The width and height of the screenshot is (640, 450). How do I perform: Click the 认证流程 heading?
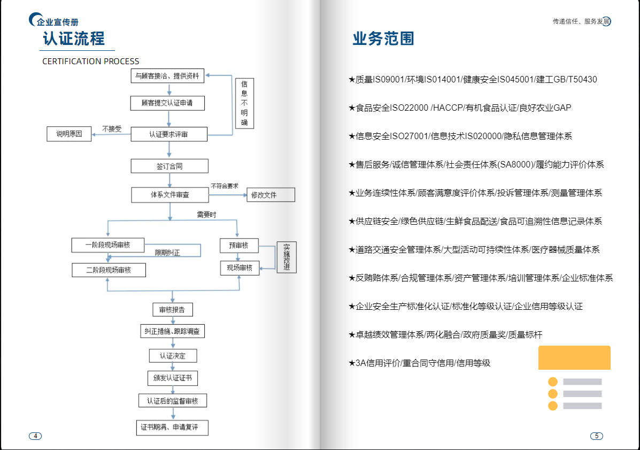click(x=74, y=39)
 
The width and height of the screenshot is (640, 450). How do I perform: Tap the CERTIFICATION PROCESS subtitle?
click(x=90, y=62)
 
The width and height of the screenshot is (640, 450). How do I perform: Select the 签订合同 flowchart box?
click(x=169, y=166)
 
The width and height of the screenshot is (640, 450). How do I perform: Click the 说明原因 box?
click(x=69, y=134)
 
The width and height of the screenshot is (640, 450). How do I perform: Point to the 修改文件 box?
click(x=271, y=195)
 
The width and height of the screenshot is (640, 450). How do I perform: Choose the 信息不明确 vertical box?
click(x=244, y=103)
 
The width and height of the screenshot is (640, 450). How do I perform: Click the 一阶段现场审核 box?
click(x=108, y=245)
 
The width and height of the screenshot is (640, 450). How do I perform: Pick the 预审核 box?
click(x=239, y=246)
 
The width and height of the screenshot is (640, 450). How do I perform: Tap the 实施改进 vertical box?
click(x=287, y=257)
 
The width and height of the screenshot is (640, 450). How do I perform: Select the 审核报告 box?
click(x=173, y=310)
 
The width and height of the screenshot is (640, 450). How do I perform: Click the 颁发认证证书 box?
click(x=173, y=378)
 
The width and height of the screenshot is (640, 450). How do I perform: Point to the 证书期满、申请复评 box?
click(x=172, y=428)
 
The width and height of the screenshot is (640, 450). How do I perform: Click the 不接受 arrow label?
click(x=112, y=129)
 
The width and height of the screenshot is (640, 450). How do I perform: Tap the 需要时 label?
click(x=206, y=215)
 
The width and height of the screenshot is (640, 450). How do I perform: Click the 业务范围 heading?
click(x=383, y=39)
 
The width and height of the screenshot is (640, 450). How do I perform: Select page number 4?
click(x=35, y=436)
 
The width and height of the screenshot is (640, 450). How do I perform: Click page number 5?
click(x=596, y=436)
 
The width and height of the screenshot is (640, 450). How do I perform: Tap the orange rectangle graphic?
click(x=574, y=357)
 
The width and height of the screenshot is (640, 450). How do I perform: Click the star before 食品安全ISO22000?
click(x=352, y=108)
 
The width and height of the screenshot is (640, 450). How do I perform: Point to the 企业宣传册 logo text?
click(x=57, y=22)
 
